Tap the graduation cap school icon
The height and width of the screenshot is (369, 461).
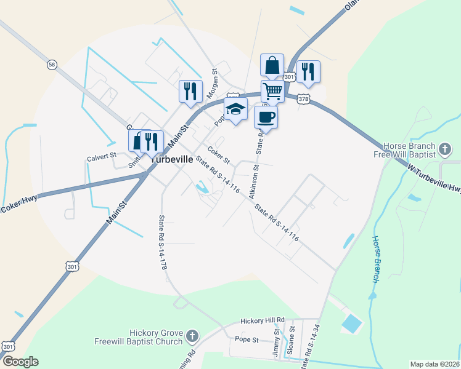(x=235, y=109)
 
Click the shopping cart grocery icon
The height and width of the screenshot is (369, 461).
(x=272, y=92)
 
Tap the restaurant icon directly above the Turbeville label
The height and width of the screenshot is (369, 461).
(x=151, y=141)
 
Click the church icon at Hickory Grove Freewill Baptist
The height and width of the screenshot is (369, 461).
(x=192, y=336)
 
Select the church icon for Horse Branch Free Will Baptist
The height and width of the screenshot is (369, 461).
(x=444, y=149)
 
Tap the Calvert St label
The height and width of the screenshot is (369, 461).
(x=101, y=157)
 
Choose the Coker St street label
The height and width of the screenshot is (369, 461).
(x=218, y=154)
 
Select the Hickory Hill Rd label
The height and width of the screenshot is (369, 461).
(x=263, y=320)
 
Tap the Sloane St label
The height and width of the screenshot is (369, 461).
(x=290, y=340)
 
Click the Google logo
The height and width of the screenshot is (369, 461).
(x=20, y=362)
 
